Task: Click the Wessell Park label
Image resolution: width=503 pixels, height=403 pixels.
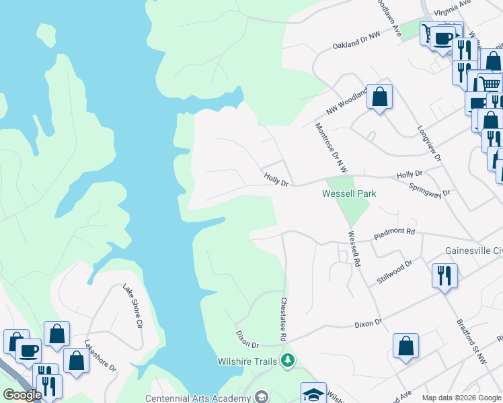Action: (x=348, y=193)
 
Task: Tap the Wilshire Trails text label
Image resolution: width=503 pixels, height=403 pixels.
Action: (x=247, y=361)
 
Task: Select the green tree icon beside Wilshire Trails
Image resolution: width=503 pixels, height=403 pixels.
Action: (x=288, y=361)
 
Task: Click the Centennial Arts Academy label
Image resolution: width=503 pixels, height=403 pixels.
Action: (x=197, y=398)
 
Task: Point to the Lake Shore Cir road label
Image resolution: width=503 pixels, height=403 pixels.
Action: (x=132, y=306)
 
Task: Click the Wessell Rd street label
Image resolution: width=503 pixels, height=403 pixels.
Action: (x=354, y=249)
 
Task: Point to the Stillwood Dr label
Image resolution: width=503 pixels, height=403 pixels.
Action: (x=394, y=273)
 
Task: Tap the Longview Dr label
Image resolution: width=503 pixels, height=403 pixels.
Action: (x=429, y=143)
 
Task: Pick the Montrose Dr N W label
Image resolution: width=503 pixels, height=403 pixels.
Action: (x=331, y=148)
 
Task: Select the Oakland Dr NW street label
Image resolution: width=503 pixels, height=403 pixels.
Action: (x=356, y=40)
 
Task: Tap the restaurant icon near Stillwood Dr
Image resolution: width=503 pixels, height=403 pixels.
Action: (x=444, y=275)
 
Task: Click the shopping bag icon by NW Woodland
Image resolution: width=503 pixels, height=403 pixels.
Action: (x=379, y=97)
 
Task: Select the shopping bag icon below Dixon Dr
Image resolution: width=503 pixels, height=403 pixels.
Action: (x=406, y=347)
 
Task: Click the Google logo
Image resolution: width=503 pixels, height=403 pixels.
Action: (x=22, y=395)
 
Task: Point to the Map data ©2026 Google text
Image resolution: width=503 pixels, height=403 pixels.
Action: (x=461, y=398)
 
